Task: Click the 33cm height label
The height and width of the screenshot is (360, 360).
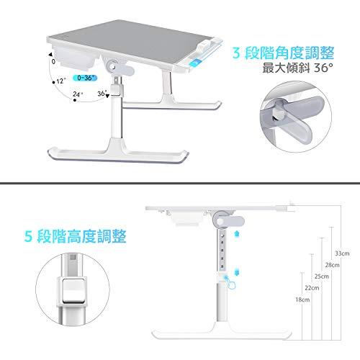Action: [x=342, y=253]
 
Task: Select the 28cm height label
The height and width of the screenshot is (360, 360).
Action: [x=333, y=265]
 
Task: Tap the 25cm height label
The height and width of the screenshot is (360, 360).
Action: [x=322, y=276]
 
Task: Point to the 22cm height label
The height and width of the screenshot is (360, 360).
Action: [x=312, y=287]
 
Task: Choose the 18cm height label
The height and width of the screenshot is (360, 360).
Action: [x=302, y=300]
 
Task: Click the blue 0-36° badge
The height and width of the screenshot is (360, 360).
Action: [x=85, y=78]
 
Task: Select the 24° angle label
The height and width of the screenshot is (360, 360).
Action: [x=78, y=94]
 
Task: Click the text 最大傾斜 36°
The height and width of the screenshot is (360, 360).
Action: [x=298, y=68]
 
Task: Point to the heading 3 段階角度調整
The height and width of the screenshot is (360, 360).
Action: [x=283, y=53]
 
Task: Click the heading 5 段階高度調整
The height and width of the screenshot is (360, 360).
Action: [x=75, y=236]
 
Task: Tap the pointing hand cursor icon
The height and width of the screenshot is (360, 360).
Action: [x=230, y=282]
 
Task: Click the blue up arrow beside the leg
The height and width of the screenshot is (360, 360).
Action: [x=237, y=233]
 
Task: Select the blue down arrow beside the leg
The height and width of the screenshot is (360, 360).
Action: [x=238, y=273]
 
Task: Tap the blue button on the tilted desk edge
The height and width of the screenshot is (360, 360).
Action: [x=194, y=64]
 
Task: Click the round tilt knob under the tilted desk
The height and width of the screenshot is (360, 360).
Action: [x=112, y=66]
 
